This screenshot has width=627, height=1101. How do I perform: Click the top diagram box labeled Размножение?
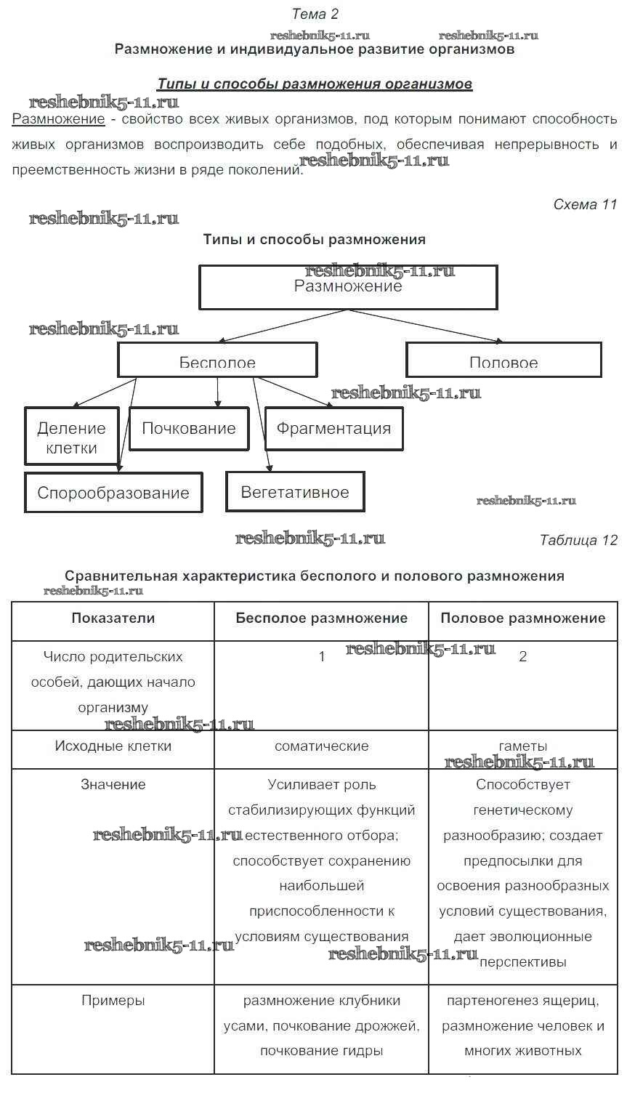348,287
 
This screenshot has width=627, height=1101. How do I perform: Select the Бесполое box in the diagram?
217,360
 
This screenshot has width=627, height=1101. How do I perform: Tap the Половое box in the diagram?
503,360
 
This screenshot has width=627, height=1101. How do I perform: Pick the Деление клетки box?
71,437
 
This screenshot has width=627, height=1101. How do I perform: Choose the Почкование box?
189,429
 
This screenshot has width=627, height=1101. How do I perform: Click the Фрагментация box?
333,429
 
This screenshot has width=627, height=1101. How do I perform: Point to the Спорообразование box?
113,493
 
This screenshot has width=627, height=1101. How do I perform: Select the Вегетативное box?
295,492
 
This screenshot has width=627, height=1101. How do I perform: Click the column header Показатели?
113,618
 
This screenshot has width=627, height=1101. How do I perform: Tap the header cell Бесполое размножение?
322,618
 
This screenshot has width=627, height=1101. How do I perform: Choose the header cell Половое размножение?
523,618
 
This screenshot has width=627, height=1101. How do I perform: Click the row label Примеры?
113,1001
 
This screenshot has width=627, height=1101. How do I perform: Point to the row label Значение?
113,785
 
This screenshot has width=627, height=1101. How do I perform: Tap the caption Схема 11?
585,205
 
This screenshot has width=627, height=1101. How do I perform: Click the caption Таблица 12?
578,540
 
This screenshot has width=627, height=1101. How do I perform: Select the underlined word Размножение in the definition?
59,119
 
